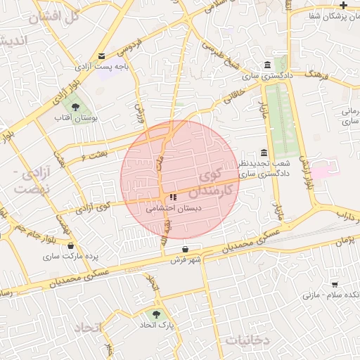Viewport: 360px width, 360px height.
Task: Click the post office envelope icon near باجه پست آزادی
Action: click(x=103, y=56)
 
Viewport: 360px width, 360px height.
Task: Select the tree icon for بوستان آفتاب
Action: click(x=75, y=107)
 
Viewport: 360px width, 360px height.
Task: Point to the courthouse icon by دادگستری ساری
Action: click(x=266, y=65)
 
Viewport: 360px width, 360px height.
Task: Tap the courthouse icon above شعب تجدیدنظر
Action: click(x=263, y=153)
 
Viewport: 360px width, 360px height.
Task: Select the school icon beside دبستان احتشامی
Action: click(x=173, y=198)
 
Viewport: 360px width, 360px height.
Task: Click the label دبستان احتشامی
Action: click(x=174, y=209)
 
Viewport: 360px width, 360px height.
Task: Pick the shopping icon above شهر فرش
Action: click(x=185, y=249)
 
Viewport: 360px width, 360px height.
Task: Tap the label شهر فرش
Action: click(x=186, y=260)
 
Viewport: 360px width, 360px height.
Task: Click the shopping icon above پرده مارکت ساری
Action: click(x=71, y=245)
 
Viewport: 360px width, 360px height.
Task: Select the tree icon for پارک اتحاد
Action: click(x=156, y=314)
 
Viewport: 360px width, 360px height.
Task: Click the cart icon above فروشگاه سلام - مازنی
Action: click(x=335, y=284)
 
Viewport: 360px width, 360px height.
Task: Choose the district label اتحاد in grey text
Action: click(x=88, y=328)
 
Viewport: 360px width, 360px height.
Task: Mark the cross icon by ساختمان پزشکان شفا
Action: click(x=343, y=5)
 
